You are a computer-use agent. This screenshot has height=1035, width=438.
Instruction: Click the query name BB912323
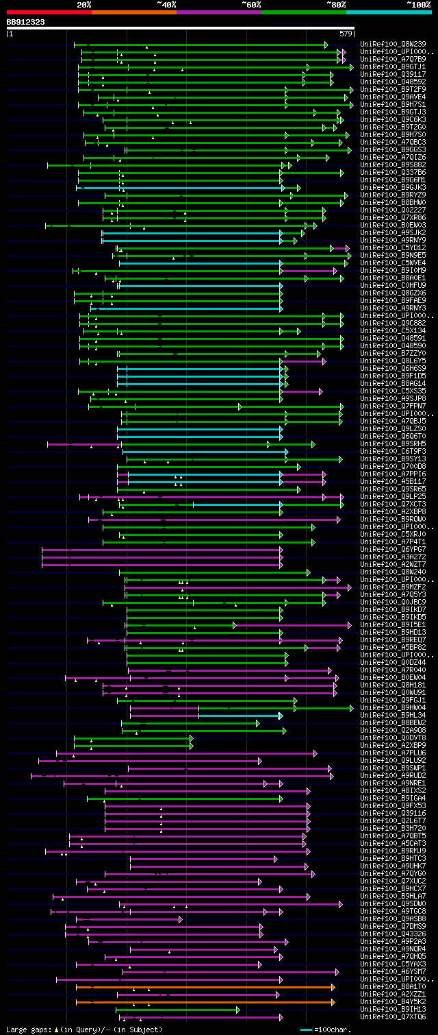tap(26, 22)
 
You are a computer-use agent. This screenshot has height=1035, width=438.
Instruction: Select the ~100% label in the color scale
tap(417, 5)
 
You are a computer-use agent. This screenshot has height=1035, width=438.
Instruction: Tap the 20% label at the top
tap(84, 5)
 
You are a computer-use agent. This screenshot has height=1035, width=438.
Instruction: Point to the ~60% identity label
tap(251, 5)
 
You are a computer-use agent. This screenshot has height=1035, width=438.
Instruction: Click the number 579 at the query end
tap(346, 33)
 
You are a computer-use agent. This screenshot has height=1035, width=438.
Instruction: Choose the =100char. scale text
tap(332, 1030)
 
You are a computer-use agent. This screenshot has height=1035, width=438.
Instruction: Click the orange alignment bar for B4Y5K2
tap(205, 1002)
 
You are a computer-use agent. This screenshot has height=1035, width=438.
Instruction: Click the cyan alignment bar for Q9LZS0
tap(199, 429)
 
